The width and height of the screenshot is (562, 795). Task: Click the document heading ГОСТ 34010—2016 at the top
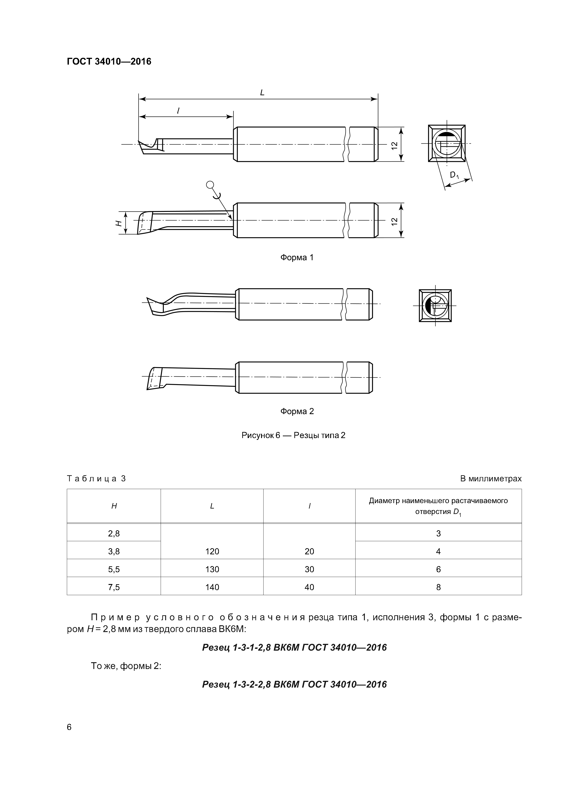tap(109, 62)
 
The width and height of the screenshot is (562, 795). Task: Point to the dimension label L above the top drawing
tap(262, 93)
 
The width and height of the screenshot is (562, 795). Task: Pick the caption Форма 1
tap(297, 258)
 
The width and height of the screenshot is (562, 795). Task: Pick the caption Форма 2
tap(297, 411)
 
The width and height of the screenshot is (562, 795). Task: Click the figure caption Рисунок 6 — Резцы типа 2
tap(293, 435)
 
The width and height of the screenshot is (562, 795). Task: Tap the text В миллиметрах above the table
tap(491, 479)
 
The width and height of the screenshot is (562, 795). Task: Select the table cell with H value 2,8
tap(114, 533)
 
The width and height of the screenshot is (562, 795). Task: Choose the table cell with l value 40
tap(309, 587)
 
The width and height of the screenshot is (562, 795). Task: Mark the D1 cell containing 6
tap(438, 569)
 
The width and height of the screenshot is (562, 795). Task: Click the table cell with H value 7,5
tap(114, 587)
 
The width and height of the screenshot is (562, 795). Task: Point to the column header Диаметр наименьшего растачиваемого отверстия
tap(438, 506)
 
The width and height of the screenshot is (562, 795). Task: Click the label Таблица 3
tap(96, 479)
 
